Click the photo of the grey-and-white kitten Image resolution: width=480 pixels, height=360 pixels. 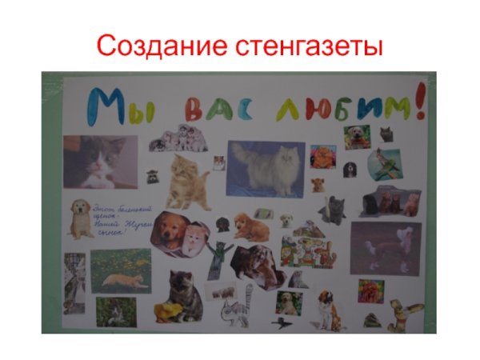click(x=100, y=161)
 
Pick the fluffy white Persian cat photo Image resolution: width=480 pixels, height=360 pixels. click(x=267, y=168)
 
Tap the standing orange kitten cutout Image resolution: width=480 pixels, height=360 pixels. click(x=187, y=180)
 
